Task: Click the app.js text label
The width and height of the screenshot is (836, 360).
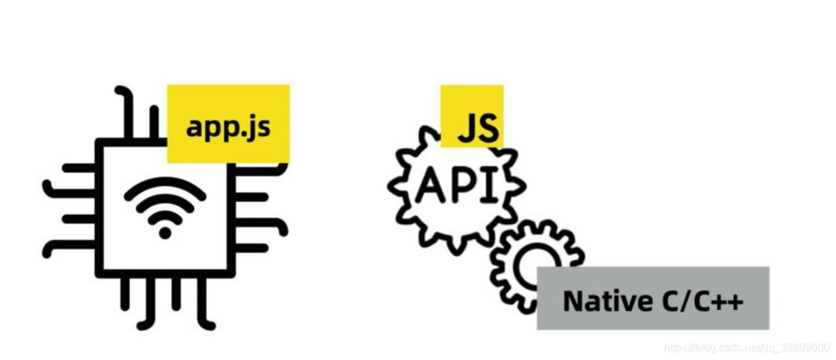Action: click(x=228, y=127)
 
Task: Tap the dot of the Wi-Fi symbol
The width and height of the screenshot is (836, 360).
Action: click(x=165, y=233)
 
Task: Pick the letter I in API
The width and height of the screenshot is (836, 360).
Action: click(x=491, y=185)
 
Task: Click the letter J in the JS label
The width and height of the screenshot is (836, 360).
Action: click(x=465, y=128)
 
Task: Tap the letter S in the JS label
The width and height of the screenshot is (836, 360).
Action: click(x=486, y=127)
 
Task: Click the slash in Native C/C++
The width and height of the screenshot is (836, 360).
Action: click(x=685, y=300)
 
